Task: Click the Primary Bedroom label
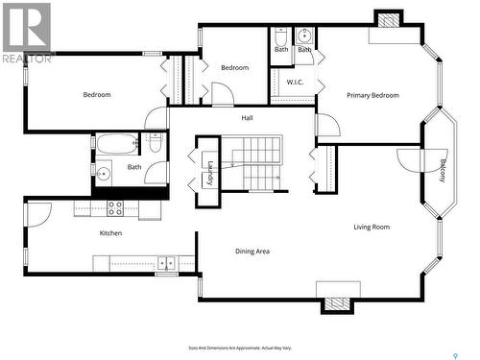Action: pyautogui.click(x=372, y=95)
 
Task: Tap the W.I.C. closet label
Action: pyautogui.click(x=295, y=83)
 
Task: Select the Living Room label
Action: pyautogui.click(x=372, y=228)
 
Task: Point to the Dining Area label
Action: pyautogui.click(x=252, y=252)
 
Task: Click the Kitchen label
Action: pyautogui.click(x=111, y=233)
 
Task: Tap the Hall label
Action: pyautogui.click(x=247, y=118)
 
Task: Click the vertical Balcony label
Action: pyautogui.click(x=443, y=170)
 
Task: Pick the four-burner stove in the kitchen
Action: pyautogui.click(x=114, y=206)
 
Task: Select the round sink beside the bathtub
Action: pyautogui.click(x=103, y=174)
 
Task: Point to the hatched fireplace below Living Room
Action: pyautogui.click(x=338, y=304)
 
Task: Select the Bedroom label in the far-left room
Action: pyautogui.click(x=97, y=94)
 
